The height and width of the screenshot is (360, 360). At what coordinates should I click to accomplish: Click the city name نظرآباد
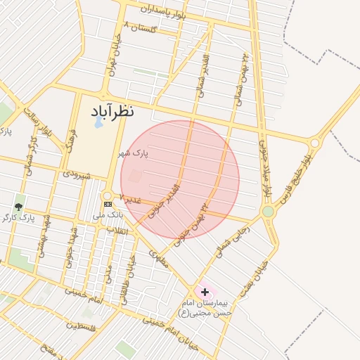pos(112,111)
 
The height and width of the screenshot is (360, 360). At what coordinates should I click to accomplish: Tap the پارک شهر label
pos(133,153)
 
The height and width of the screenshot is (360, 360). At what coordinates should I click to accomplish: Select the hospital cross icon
pos(205,291)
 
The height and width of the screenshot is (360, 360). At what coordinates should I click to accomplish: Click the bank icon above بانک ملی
pos(108,204)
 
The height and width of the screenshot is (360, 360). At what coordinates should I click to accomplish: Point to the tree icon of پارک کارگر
pos(18,207)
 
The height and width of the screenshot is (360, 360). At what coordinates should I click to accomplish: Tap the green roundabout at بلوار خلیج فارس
pos(268,211)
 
